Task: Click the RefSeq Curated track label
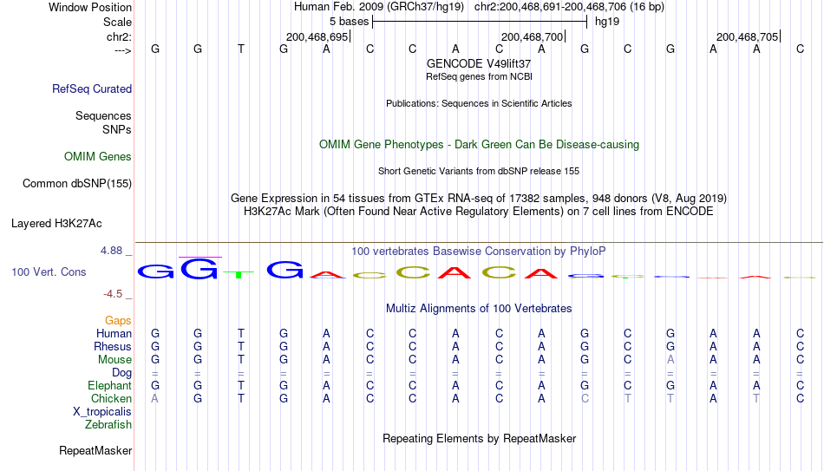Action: coord(92,88)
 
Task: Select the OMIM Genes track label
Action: coord(98,157)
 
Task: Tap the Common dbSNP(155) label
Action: coord(77,184)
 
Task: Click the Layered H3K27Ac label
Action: coord(56,224)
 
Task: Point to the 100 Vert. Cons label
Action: coord(49,271)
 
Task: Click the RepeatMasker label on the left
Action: coord(95,450)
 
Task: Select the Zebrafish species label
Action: coord(108,425)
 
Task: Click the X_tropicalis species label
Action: coord(102,412)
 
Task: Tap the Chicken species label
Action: coord(111,398)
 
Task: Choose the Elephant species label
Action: coord(110,385)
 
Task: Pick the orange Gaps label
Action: coord(118,321)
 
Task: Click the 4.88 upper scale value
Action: coord(111,251)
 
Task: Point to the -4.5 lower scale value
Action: coord(113,294)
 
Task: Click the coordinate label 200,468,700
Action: coord(532,36)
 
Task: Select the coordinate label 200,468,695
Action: coord(317,36)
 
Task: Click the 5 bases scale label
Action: coord(350,22)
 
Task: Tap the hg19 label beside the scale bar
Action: coord(607,22)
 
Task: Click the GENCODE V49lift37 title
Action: coord(479,63)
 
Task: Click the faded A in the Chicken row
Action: coord(154,398)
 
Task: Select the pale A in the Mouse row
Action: coord(670,360)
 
